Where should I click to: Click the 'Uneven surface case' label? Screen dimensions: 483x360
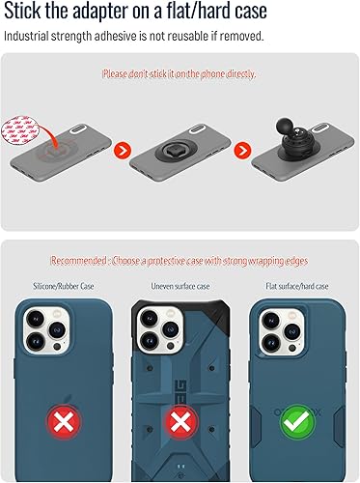180,286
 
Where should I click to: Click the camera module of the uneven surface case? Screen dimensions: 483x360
159,333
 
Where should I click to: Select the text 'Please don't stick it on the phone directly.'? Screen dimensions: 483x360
180,73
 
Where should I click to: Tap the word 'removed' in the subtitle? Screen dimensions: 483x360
239,36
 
